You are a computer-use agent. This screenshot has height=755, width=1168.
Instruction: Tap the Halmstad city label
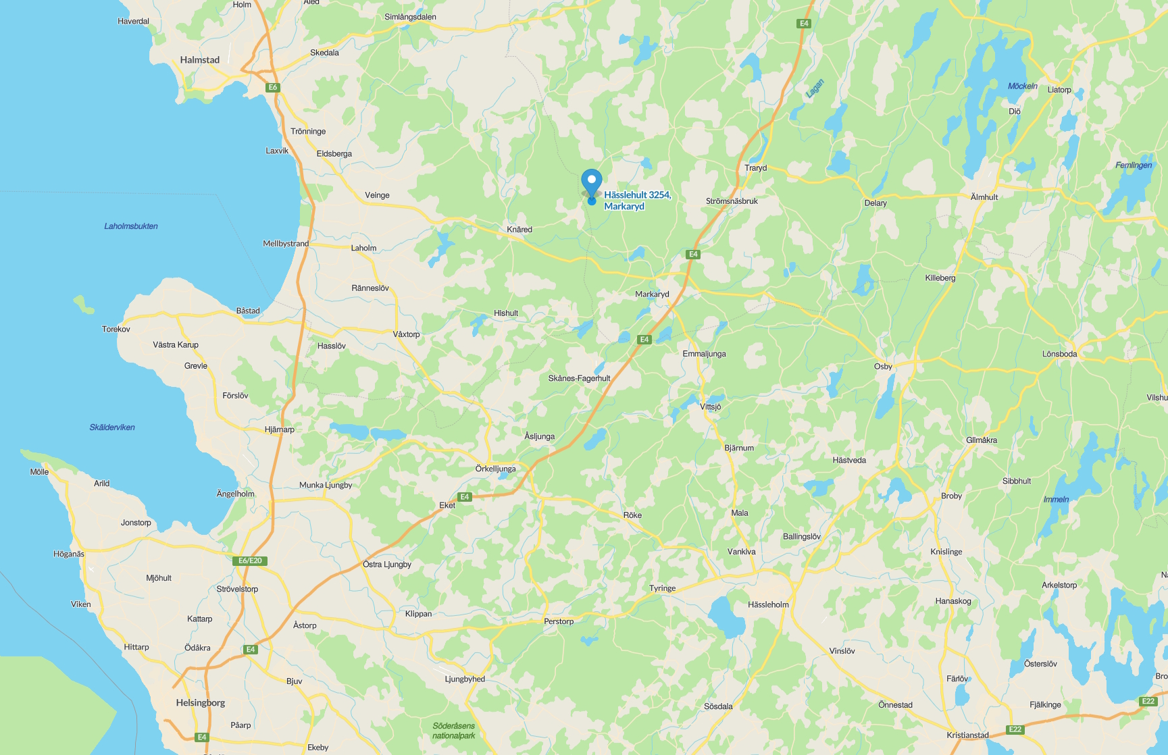click(200, 60)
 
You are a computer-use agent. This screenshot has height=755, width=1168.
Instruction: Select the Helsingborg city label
click(201, 703)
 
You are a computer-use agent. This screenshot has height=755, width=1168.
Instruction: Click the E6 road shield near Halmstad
click(273, 87)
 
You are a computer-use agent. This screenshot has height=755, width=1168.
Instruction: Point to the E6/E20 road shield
click(250, 561)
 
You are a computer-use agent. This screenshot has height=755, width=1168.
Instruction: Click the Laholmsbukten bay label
click(131, 226)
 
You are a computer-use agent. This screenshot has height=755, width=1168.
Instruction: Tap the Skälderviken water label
click(112, 427)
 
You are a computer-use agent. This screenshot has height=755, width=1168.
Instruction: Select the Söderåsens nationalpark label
click(454, 731)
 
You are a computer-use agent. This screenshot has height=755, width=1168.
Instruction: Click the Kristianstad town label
click(967, 735)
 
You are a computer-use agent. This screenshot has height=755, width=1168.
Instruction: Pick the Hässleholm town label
click(768, 604)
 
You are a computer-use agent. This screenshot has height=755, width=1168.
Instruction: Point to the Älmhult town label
click(984, 197)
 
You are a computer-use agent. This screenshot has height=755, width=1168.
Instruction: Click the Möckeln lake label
click(1022, 86)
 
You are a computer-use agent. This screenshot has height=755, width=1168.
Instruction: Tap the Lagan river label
click(815, 88)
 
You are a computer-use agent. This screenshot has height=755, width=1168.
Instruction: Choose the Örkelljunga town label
click(495, 469)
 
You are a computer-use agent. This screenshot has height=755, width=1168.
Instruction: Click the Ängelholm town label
click(235, 494)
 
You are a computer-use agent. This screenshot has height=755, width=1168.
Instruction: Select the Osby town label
click(883, 367)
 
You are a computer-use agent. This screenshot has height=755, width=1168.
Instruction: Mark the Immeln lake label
click(1056, 500)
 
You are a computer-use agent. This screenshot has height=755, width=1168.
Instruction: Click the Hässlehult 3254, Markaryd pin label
click(637, 201)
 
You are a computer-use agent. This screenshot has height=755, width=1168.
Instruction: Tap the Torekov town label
click(116, 330)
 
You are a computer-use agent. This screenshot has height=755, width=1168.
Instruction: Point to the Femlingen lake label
click(1134, 165)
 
